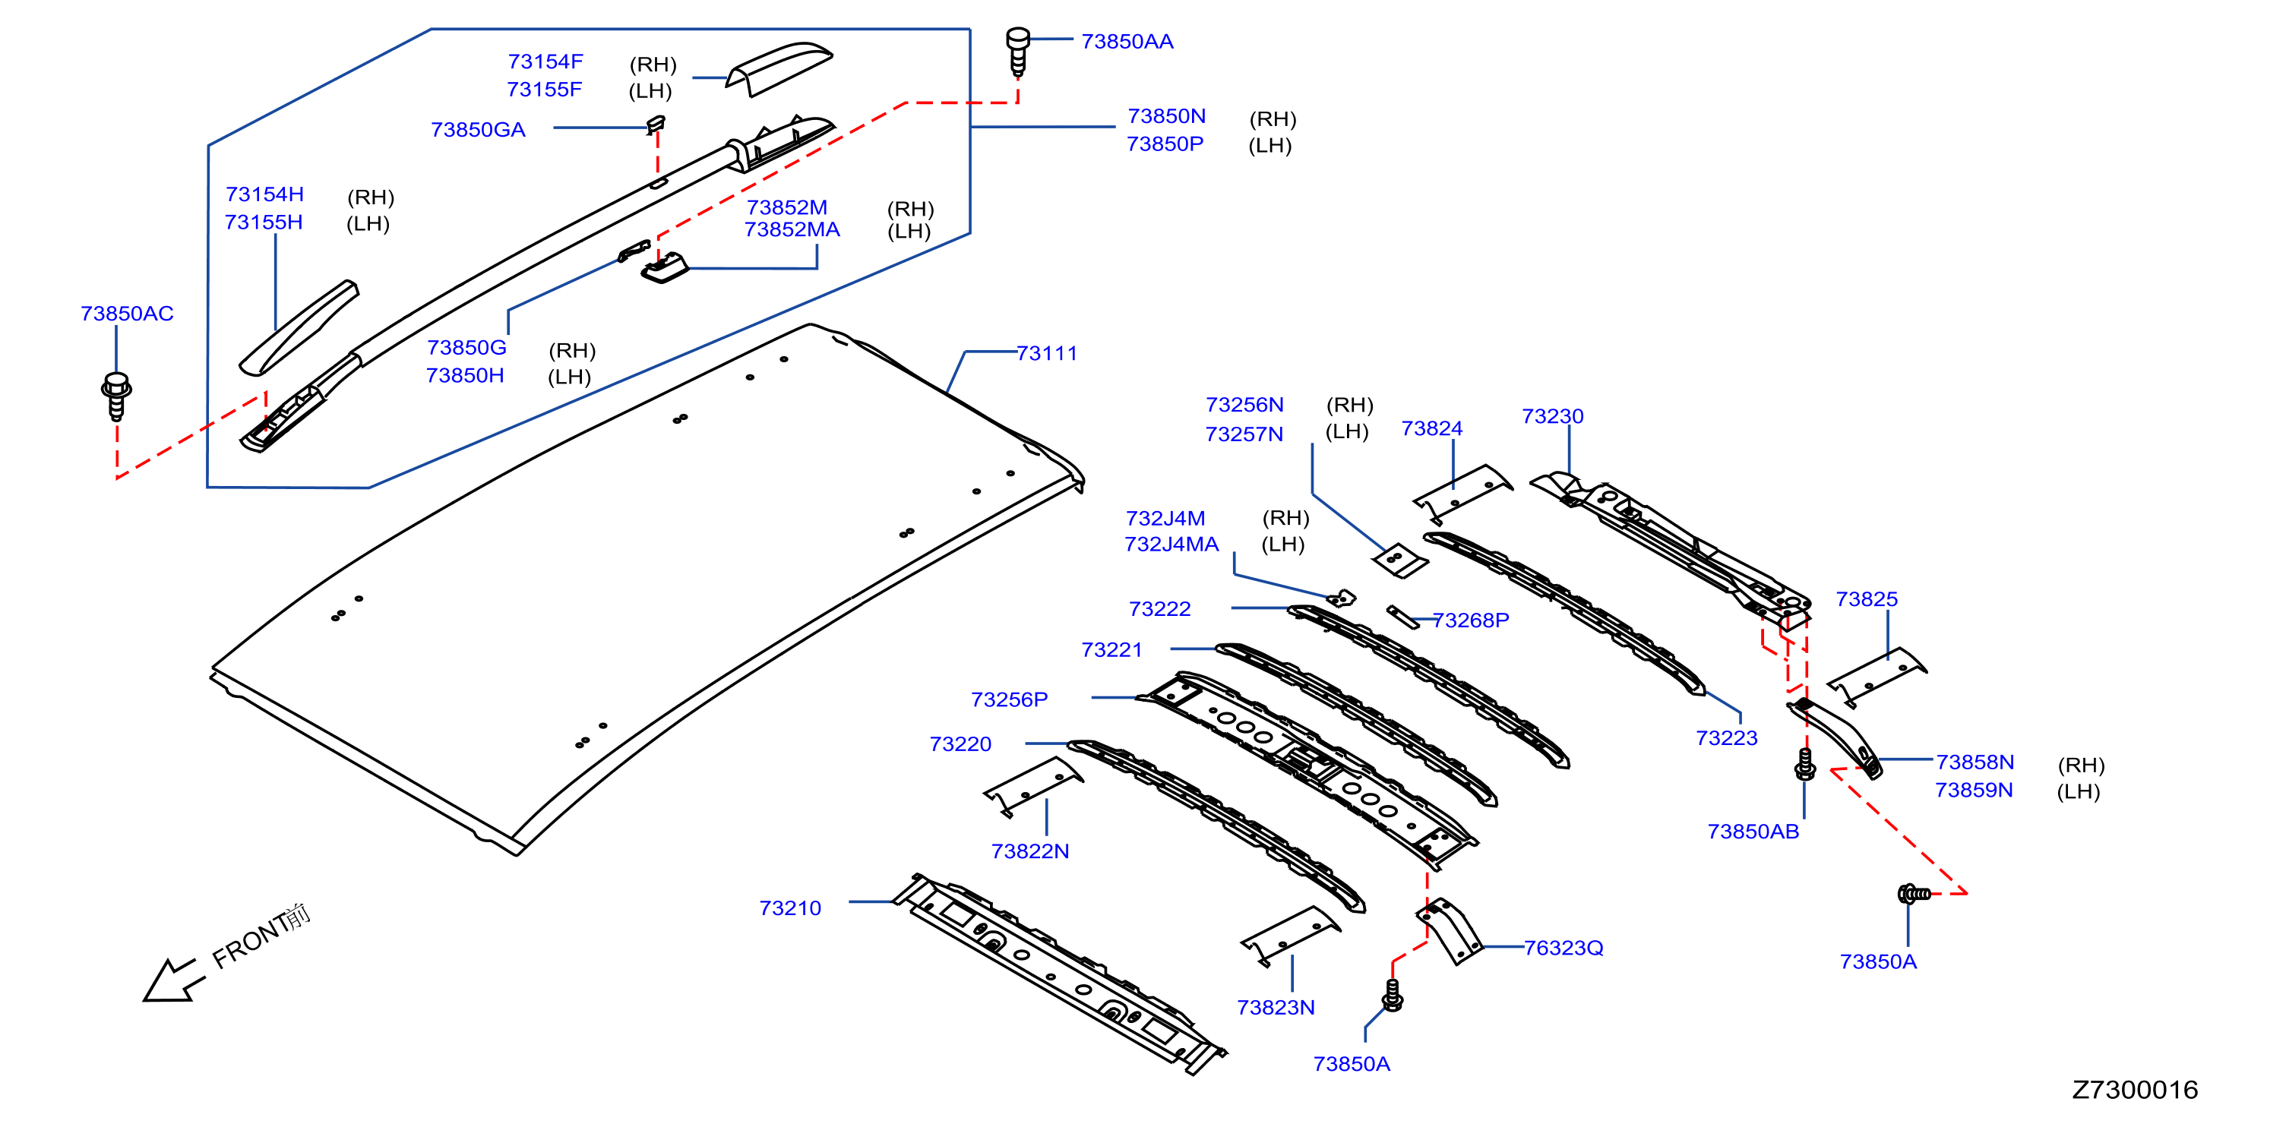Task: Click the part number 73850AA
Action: click(x=1127, y=42)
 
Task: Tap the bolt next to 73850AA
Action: click(x=1018, y=52)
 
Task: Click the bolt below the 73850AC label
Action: click(x=116, y=396)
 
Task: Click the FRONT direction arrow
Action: click(x=174, y=980)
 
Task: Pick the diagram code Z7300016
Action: click(x=2134, y=1090)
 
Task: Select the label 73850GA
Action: click(x=479, y=130)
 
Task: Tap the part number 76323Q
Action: click(x=1564, y=948)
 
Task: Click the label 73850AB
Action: click(x=1753, y=832)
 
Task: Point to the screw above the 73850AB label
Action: click(x=1804, y=764)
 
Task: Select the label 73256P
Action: click(x=1009, y=699)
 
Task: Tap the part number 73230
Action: click(x=1552, y=416)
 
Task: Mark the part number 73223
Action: click(x=1726, y=738)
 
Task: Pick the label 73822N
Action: click(x=1029, y=851)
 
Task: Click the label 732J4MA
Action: click(x=1171, y=544)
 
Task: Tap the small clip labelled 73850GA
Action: click(x=656, y=123)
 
